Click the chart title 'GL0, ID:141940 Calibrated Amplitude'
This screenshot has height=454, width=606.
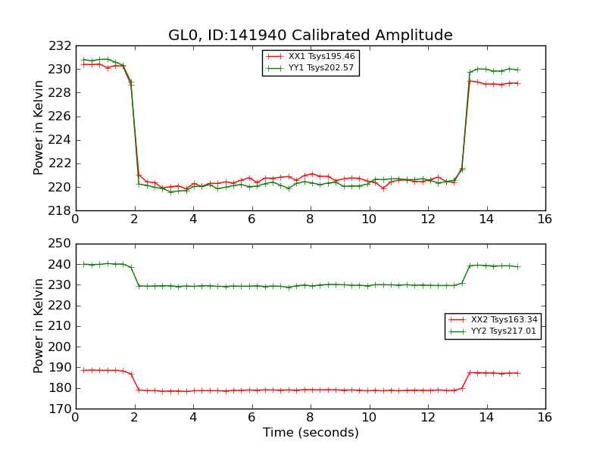[310, 36]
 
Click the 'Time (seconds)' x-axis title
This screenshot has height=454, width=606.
[311, 433]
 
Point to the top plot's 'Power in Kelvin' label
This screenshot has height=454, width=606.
[39, 128]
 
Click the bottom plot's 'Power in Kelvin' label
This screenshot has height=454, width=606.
[39, 326]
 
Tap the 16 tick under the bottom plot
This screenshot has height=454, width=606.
[545, 417]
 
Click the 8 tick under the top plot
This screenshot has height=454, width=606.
[311, 219]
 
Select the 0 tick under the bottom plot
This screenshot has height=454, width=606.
[76, 417]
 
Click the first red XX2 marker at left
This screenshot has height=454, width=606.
[83, 370]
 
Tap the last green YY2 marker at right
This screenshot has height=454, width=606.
[518, 266]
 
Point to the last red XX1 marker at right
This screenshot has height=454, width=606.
[518, 83]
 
